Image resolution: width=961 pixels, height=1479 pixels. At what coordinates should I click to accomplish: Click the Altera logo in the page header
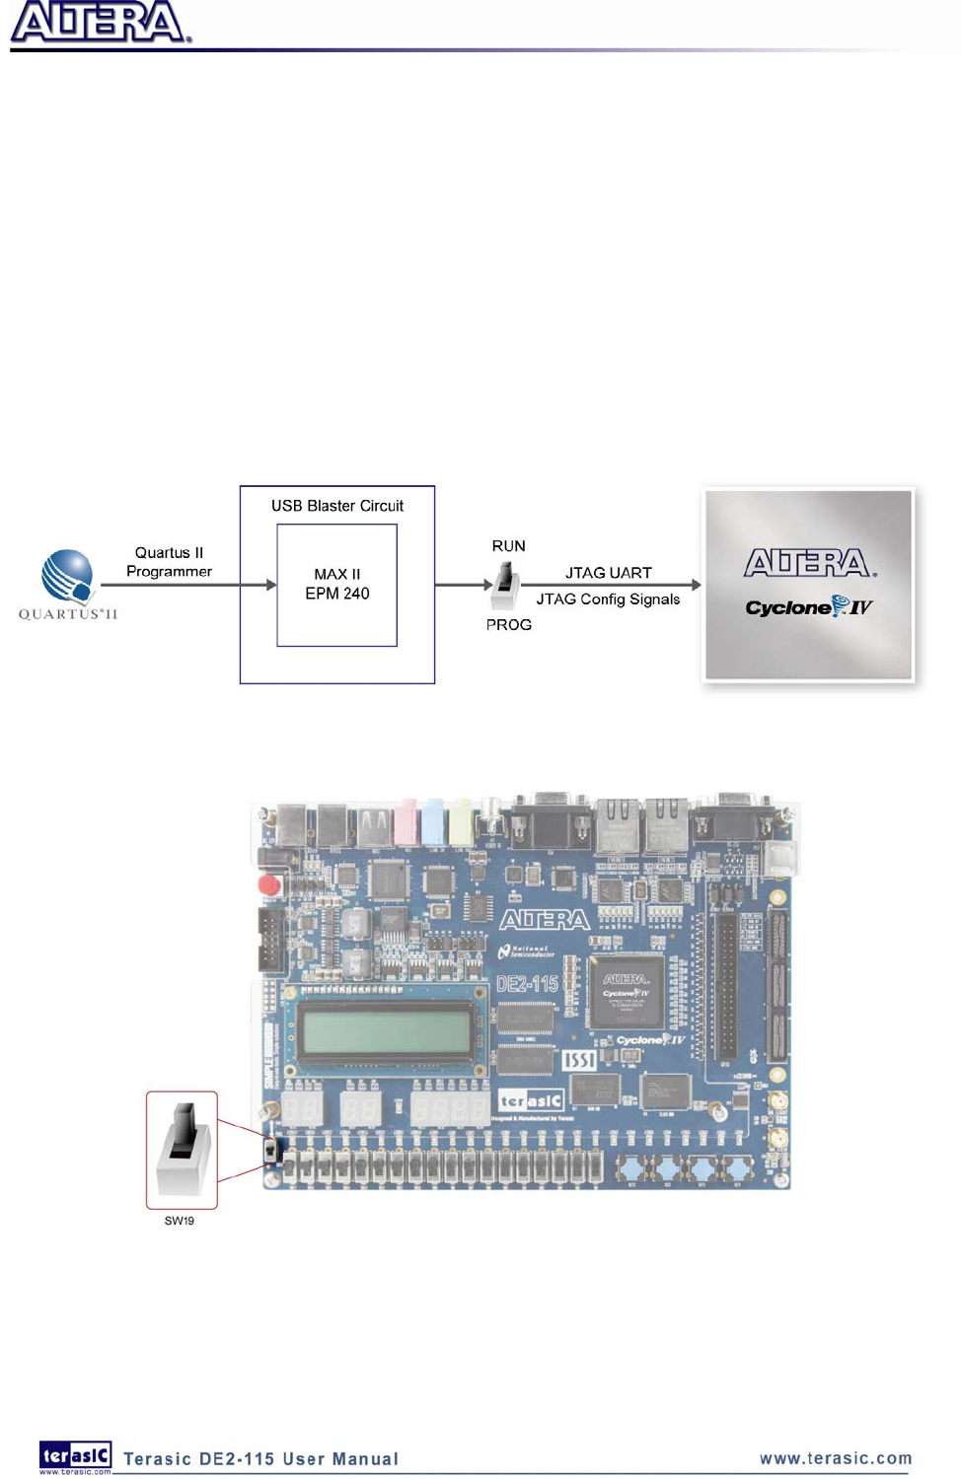pos(99,24)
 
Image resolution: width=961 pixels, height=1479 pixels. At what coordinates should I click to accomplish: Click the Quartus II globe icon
pos(67,577)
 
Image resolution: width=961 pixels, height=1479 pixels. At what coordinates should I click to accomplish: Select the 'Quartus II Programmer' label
pos(169,562)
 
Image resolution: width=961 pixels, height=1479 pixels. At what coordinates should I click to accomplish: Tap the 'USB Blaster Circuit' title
pos(337,506)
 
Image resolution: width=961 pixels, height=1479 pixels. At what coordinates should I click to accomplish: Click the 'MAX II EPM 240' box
pos(336,585)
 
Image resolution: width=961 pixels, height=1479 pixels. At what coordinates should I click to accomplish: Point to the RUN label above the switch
pos(508,546)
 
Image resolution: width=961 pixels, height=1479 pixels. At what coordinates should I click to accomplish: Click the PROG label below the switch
pos(508,625)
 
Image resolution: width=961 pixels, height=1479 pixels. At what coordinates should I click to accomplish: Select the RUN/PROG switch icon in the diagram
pos(505,584)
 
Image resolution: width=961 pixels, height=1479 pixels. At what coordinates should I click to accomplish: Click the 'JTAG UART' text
pos(608,573)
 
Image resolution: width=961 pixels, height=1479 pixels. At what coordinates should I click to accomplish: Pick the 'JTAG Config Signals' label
pos(608,599)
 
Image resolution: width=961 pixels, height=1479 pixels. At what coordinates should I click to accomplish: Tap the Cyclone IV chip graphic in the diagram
pos(808,585)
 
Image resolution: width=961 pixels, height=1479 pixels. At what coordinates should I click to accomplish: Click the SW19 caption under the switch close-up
pos(179,1221)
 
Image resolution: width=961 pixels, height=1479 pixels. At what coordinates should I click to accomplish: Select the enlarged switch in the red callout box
pos(183,1149)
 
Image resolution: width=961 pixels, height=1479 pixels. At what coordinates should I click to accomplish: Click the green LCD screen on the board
pos(386,1031)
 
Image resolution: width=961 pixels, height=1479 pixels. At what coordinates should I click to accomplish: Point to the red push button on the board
pos(268,884)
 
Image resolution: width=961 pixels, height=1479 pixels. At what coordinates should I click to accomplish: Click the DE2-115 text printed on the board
pos(527,984)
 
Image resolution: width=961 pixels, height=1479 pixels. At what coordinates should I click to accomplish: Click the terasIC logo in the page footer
pos(75,1456)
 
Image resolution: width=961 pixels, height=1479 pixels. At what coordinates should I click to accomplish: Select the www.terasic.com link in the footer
pos(836,1458)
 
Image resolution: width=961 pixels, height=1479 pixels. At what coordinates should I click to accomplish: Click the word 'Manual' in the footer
pos(365,1459)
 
